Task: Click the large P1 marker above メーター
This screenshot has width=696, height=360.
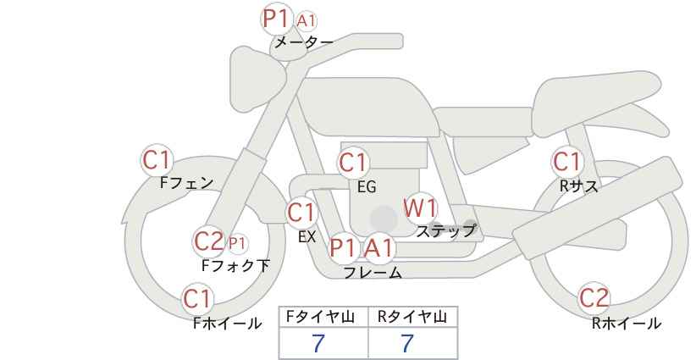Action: click(277, 19)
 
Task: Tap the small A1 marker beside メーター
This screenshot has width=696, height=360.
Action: click(307, 20)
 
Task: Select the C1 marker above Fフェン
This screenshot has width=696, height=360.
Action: click(157, 160)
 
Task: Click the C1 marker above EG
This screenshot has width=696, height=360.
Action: click(353, 163)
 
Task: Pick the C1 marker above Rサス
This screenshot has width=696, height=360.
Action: click(567, 162)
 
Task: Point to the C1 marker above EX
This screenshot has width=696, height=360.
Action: click(301, 213)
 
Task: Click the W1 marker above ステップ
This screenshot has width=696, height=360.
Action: click(420, 208)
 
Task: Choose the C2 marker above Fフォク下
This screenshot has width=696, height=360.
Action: click(209, 242)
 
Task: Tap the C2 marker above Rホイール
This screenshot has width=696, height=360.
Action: click(594, 298)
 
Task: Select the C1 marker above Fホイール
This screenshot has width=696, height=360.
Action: click(197, 299)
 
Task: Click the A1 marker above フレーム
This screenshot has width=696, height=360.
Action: click(379, 247)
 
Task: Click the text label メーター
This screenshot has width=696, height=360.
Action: click(304, 42)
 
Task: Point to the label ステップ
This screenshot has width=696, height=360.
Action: click(445, 230)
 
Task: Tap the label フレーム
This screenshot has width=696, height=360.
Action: click(373, 272)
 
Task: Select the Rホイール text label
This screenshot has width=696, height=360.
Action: click(627, 324)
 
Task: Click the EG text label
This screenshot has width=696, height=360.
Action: click(367, 187)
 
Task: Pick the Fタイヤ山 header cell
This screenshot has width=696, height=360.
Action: click(323, 317)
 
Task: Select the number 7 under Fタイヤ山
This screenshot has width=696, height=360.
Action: click(318, 343)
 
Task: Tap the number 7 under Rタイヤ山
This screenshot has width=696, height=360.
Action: click(407, 343)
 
